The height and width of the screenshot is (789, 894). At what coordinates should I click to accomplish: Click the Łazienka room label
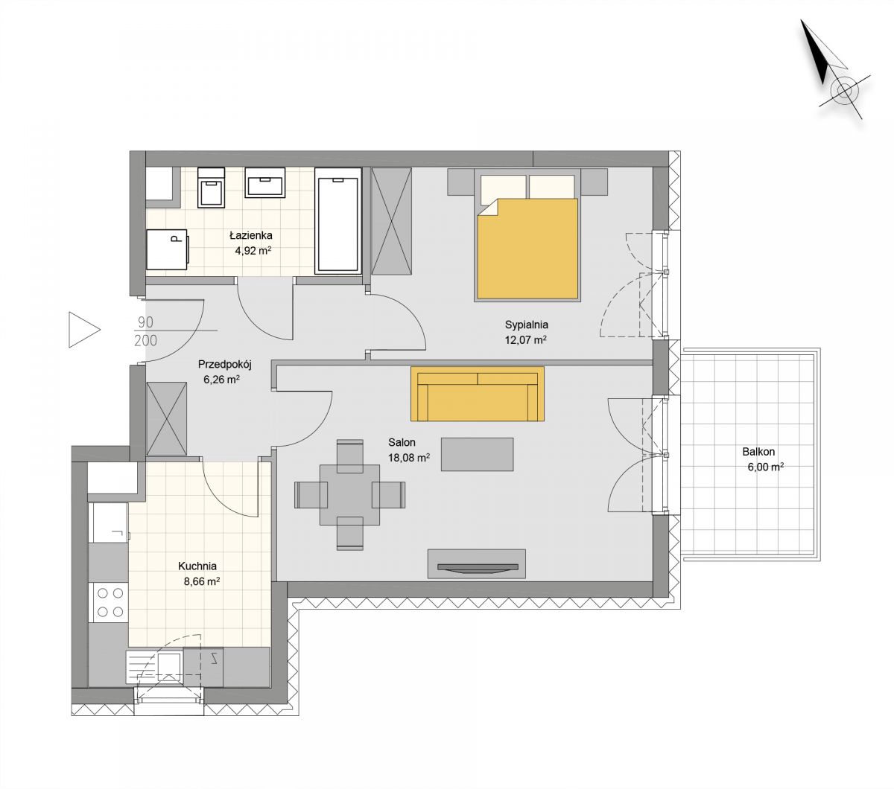pos(250,235)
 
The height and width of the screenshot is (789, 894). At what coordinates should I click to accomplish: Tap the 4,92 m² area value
pos(253,251)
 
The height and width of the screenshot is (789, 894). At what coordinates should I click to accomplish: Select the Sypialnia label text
pos(527,325)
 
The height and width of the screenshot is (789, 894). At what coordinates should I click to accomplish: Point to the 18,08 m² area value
pos(409,458)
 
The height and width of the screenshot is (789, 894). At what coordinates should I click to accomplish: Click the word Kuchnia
pos(197,566)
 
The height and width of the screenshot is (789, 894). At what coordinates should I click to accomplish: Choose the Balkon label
pos(758,452)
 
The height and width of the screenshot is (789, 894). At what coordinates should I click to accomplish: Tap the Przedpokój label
pos(224,364)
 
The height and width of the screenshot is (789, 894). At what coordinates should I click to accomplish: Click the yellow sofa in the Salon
pos(478,394)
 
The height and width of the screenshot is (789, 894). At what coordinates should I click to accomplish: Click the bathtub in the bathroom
pos(338,220)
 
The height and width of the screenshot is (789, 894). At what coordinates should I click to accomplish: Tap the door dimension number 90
pos(145,322)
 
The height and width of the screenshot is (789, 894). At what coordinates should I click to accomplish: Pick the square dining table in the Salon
pos(349,494)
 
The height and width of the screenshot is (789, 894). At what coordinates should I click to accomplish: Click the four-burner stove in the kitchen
pos(110,602)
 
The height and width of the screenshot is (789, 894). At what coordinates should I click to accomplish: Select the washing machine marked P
pos(168,249)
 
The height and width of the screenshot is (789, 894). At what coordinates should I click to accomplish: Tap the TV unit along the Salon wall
pos(477,563)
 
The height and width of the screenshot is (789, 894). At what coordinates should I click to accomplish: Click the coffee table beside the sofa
pos(477,454)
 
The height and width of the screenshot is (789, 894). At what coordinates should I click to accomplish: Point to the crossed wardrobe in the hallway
pos(167,419)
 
